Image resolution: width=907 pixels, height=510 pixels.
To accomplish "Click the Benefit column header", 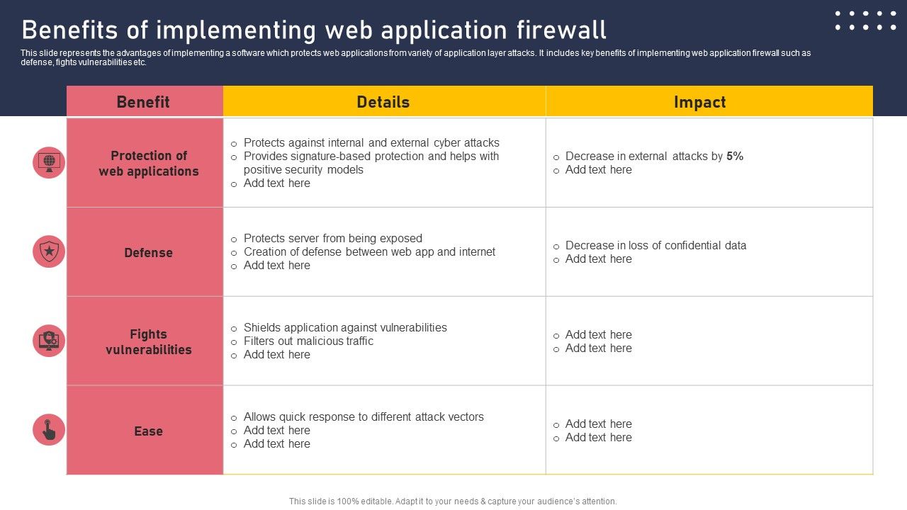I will coord(143,102).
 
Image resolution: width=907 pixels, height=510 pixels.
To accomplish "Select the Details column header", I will coord(383,102).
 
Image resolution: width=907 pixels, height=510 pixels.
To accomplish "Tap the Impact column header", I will coord(699,102).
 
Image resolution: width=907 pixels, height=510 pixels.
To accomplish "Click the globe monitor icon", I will coord(49,162).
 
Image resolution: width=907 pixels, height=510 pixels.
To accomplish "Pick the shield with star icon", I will coord(49,251).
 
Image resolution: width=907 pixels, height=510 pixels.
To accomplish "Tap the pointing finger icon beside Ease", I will coord(49,430).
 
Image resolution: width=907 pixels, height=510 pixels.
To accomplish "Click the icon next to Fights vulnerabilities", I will coord(49,341).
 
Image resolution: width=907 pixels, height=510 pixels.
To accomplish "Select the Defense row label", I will coord(148,253).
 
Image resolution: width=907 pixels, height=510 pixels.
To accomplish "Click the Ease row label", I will coord(148,431).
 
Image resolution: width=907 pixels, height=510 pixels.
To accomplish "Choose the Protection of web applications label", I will coord(149,164).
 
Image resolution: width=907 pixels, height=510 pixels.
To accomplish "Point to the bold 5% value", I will coord(735,157).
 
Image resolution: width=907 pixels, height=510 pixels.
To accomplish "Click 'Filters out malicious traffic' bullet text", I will coord(308,341).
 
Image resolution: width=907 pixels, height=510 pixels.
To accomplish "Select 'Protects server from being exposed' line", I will coord(332,239).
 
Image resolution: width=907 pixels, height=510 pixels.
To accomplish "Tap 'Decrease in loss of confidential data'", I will coord(655,246).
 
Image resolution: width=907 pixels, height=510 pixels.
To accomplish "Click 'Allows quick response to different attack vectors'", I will coord(364,417).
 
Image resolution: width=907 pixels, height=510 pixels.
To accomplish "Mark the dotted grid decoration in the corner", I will coord(865,21).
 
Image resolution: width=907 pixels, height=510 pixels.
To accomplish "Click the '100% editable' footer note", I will coord(453,501).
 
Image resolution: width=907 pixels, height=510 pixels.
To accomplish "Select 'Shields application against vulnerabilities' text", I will coord(345,328).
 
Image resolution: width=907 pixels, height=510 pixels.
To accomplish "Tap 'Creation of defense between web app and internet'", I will coord(369,252).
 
